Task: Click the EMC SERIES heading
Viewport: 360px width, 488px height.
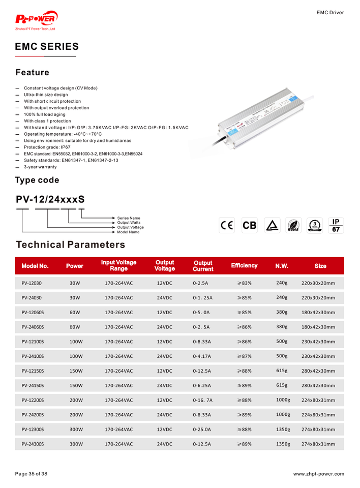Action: (46, 47)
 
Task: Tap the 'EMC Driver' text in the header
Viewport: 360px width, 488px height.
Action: (330, 12)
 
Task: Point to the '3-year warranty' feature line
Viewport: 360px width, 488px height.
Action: (40, 167)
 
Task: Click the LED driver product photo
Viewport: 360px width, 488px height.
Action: (259, 118)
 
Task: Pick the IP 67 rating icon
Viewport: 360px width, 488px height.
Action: (336, 226)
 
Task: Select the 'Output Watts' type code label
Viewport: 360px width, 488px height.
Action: (129, 223)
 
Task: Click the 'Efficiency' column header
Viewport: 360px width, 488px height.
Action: (244, 266)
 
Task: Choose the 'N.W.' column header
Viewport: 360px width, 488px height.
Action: (282, 266)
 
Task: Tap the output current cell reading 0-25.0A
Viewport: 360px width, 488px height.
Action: (202, 430)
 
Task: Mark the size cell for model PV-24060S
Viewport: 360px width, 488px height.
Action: (318, 327)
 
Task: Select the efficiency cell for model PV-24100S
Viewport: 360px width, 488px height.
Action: (244, 356)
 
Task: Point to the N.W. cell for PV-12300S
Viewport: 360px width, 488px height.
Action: (283, 430)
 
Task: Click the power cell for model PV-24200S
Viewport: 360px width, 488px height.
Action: (76, 415)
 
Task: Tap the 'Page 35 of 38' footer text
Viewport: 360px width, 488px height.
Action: (32, 474)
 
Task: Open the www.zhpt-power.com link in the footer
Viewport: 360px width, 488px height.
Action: (318, 474)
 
